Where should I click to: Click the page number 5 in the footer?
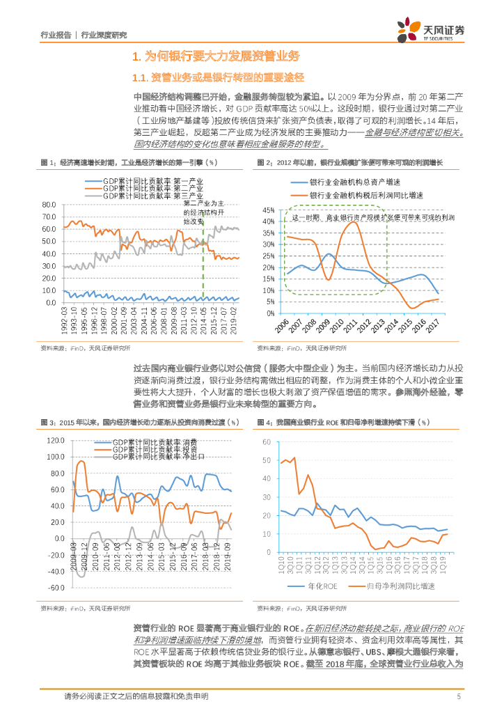tap(459, 696)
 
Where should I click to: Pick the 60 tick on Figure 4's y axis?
tap(266, 441)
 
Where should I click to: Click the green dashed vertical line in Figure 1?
tap(203, 265)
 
